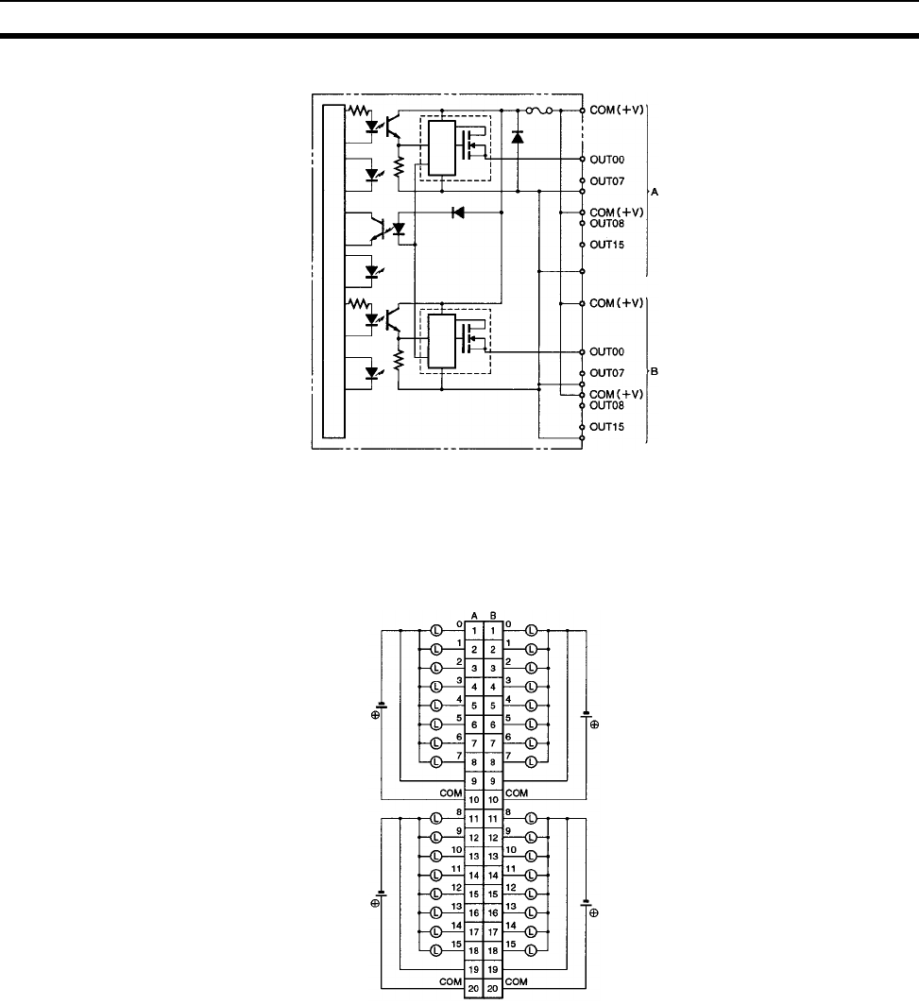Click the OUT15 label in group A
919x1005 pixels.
(x=608, y=245)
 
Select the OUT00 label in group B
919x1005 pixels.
(x=608, y=351)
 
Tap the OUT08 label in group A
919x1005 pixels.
(x=608, y=224)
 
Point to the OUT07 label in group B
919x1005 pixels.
(x=608, y=373)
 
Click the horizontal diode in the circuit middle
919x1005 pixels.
(x=458, y=213)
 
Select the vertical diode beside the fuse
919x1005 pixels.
(x=517, y=137)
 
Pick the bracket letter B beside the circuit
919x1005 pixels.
(x=655, y=371)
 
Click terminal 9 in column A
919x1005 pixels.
(x=474, y=781)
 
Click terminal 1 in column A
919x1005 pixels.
(x=474, y=630)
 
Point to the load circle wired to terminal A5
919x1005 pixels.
(x=436, y=705)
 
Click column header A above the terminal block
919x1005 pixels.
(x=474, y=614)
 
